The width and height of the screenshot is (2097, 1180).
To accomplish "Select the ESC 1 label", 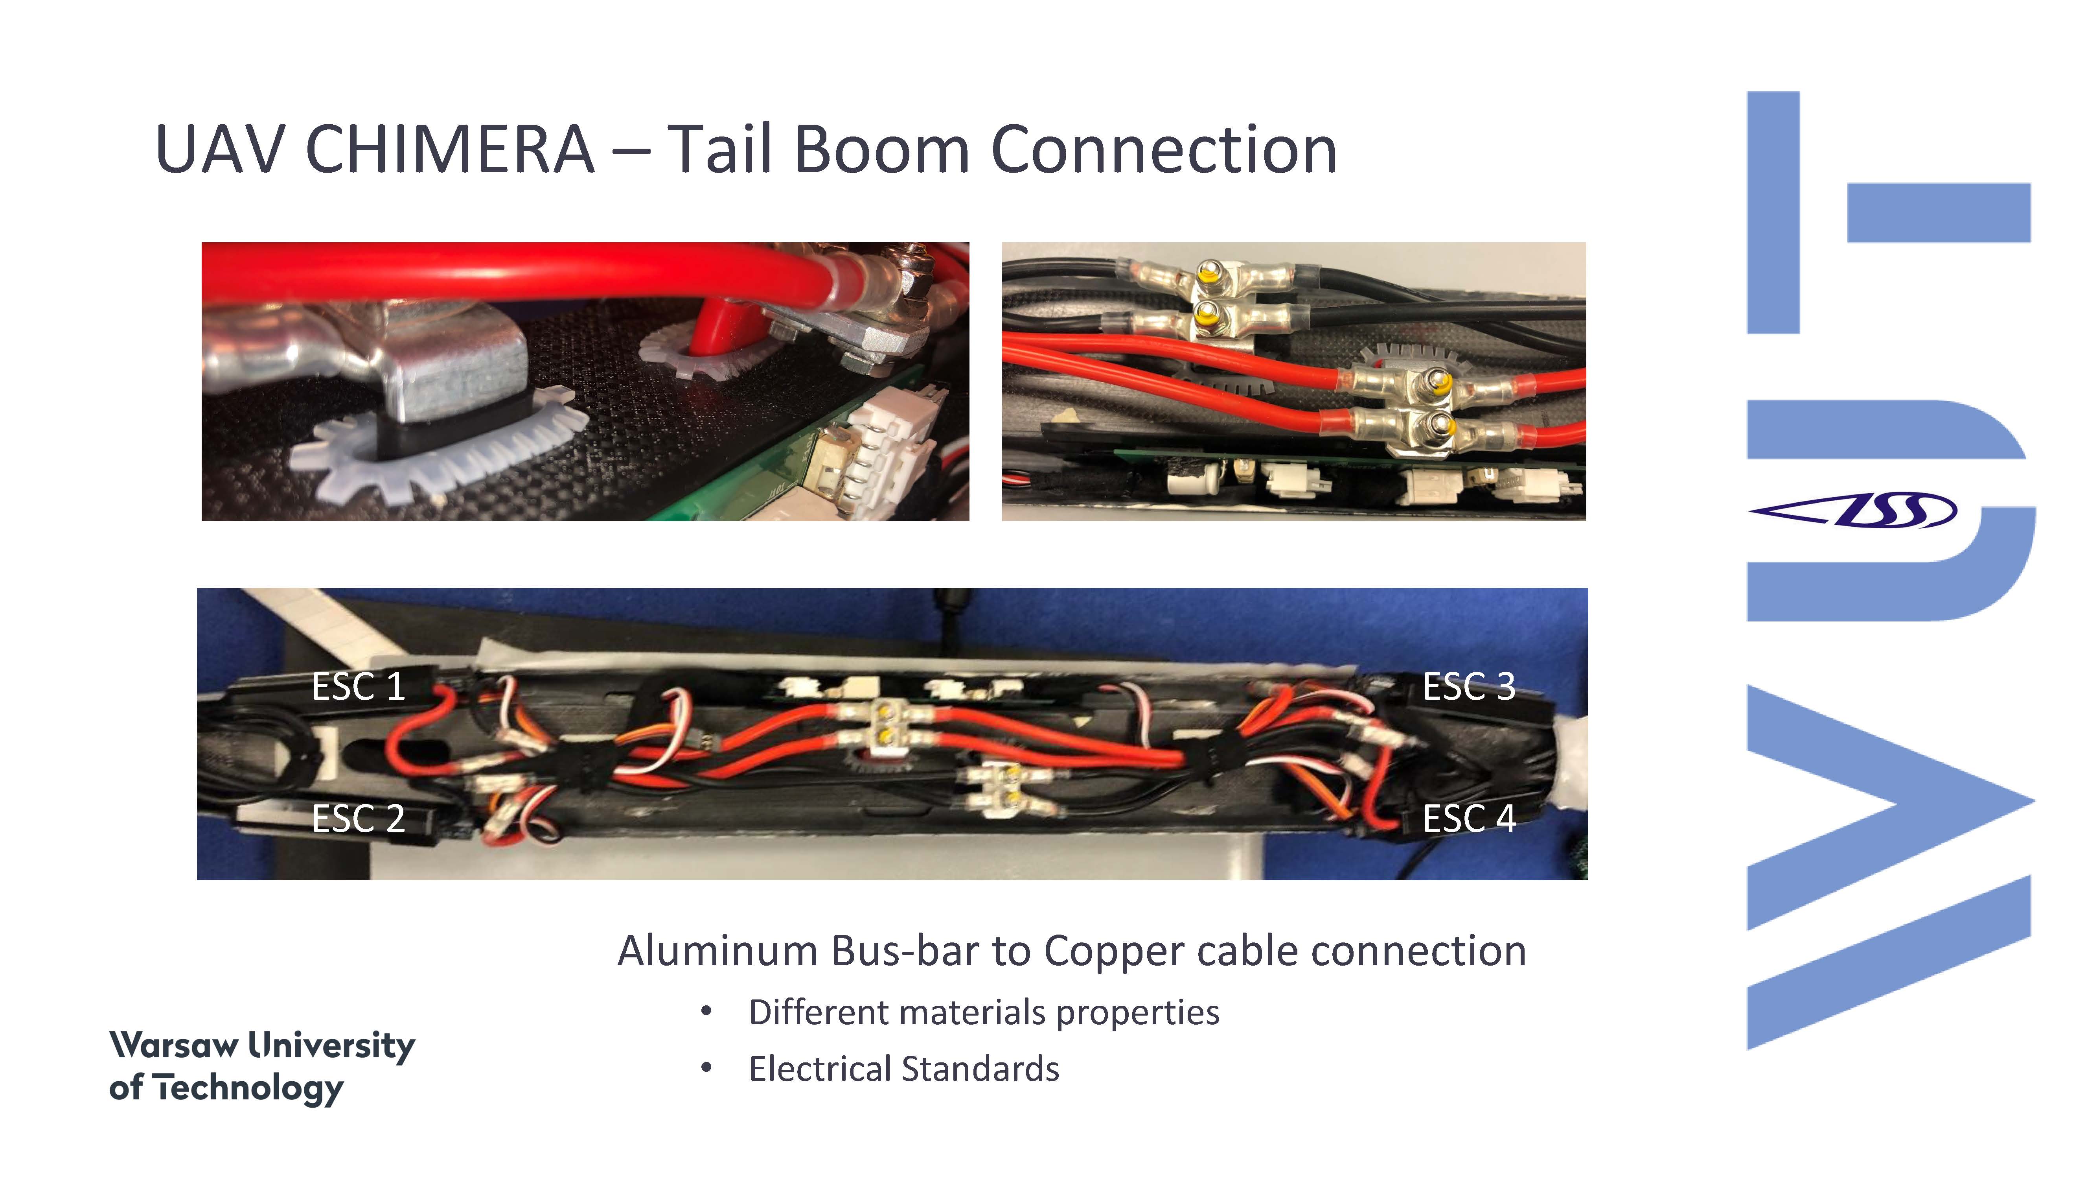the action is (358, 686).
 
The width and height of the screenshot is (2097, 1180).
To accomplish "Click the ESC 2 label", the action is (358, 819).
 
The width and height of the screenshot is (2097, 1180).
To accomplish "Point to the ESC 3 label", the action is (1468, 686).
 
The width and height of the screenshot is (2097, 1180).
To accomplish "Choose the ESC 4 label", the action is (1468, 819).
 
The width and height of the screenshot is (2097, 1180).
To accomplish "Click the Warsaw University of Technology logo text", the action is (262, 1067).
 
